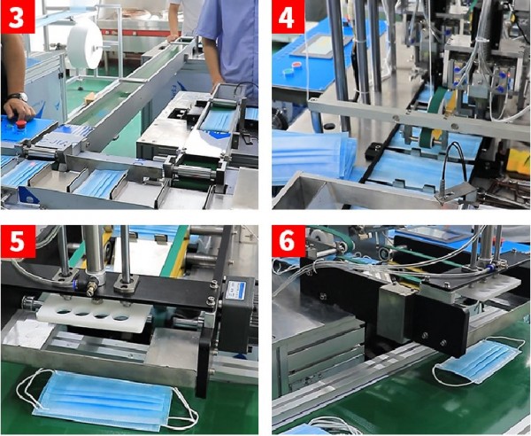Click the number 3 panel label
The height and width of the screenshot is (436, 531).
tap(18, 17)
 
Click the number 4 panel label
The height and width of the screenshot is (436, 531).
tap(289, 17)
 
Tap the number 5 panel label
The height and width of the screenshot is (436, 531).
tap(18, 242)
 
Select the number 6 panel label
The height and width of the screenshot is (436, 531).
tap(289, 242)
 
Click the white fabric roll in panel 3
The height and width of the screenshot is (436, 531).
tap(85, 43)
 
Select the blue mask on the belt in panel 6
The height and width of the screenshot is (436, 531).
tap(479, 361)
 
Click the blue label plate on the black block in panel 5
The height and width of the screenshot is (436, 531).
tap(236, 290)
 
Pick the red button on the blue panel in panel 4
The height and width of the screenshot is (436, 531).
tap(297, 65)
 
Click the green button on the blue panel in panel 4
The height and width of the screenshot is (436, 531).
tap(289, 72)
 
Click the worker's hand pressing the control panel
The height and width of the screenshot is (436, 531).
tap(19, 109)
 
